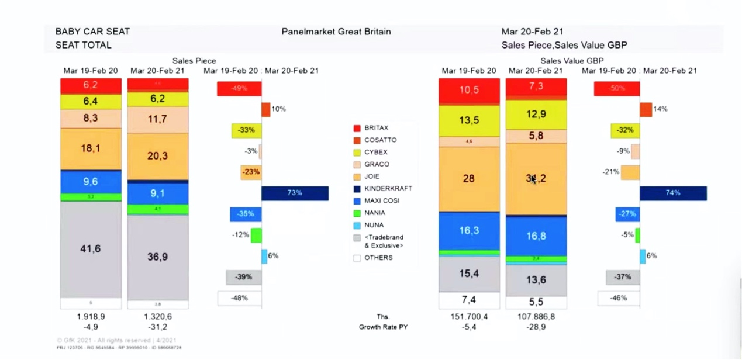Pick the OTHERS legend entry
click(x=378, y=258)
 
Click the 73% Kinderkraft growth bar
click(x=295, y=193)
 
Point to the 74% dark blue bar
click(x=673, y=193)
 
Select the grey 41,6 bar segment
click(x=91, y=249)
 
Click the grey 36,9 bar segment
click(x=158, y=256)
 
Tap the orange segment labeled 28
click(x=469, y=178)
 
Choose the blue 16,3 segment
click(x=469, y=230)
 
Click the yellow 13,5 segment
click(x=469, y=120)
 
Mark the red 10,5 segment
click(x=469, y=90)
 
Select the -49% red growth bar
click(x=239, y=89)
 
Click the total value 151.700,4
click(x=469, y=316)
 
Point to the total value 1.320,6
click(x=158, y=316)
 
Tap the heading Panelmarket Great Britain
click(x=336, y=32)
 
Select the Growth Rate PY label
click(x=382, y=327)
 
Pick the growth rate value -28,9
click(x=536, y=327)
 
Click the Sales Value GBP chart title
click(x=571, y=60)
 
